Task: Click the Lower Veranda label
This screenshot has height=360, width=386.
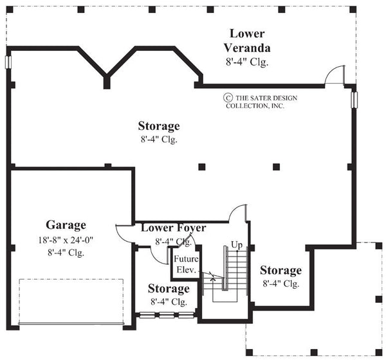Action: point(247,40)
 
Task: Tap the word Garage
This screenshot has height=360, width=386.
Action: point(66,225)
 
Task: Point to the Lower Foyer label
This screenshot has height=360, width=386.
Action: point(173,228)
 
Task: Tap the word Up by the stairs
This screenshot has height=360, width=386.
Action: point(236,245)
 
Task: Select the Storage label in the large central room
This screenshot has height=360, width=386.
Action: point(159,125)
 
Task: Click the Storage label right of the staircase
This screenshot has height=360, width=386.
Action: point(281,270)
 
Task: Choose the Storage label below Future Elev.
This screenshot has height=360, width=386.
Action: point(169,288)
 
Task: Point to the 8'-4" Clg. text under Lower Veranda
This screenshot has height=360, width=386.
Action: point(247,62)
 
